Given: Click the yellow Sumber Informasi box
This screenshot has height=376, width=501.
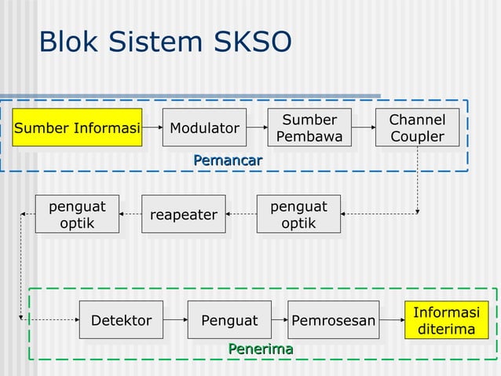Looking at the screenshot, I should pyautogui.click(x=77, y=128).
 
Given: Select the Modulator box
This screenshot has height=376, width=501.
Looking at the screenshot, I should pyautogui.click(x=204, y=128).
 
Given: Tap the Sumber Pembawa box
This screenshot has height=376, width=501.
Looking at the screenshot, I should pyautogui.click(x=309, y=128).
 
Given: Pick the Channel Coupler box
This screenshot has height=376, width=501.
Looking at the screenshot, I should pyautogui.click(x=417, y=128).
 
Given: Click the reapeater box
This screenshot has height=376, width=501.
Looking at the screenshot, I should pyautogui.click(x=183, y=214).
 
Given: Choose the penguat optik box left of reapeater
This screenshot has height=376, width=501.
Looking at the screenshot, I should pyautogui.click(x=77, y=214).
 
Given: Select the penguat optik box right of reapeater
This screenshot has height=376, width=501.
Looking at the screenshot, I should pyautogui.click(x=298, y=214).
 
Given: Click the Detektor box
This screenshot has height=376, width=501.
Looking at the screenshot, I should pyautogui.click(x=121, y=320).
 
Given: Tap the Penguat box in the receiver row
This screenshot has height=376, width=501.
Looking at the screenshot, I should pyautogui.click(x=229, y=320).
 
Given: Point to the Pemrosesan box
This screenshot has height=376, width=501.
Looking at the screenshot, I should pyautogui.click(x=333, y=320).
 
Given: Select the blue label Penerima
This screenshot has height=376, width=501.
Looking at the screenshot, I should pyautogui.click(x=260, y=348).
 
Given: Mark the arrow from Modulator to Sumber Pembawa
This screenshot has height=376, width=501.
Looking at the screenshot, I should pyautogui.click(x=256, y=128).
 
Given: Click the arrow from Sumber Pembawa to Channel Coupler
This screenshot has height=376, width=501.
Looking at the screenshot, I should pyautogui.click(x=362, y=128).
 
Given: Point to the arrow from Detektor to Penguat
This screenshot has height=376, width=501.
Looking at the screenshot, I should pyautogui.click(x=175, y=320).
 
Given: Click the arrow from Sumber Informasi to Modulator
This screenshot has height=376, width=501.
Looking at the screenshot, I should pyautogui.click(x=152, y=128).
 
